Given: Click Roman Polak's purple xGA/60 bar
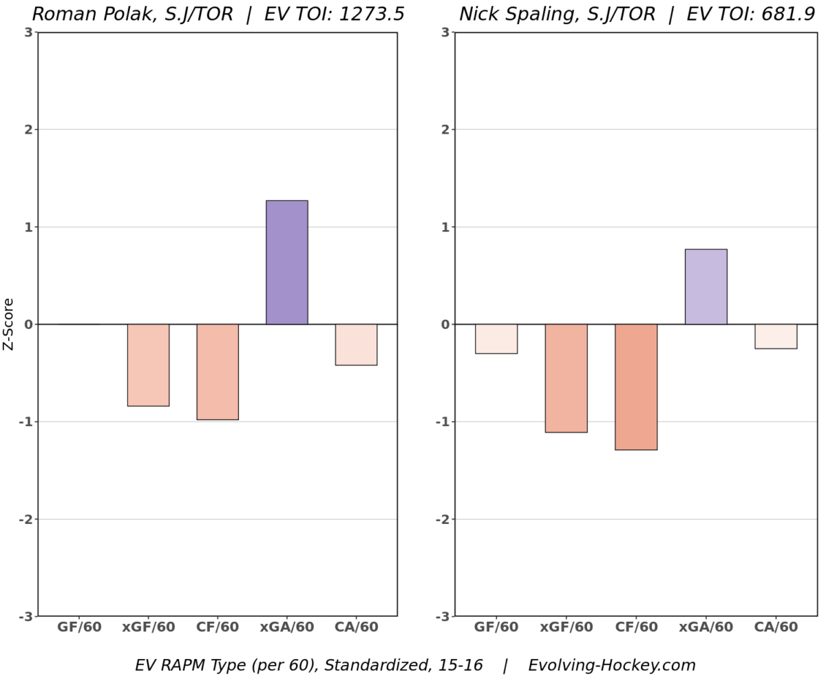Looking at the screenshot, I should [287, 262].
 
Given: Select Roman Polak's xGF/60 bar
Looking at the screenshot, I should [148, 365].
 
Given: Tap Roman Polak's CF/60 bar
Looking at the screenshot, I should [218, 372].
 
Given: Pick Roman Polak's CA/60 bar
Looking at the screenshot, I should [356, 344].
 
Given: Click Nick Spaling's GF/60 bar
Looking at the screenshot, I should [496, 339].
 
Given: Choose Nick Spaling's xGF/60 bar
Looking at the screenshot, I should [566, 378].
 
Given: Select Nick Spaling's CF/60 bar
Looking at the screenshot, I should [636, 387].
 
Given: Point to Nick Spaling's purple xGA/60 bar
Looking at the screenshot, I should [706, 286].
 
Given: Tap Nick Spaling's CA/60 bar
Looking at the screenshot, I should [776, 336].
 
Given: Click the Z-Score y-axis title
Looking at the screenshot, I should [9, 324].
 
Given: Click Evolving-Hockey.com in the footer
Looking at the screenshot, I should [612, 666].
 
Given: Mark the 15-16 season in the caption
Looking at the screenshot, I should [461, 666].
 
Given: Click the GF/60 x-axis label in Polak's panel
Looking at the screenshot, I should [79, 627].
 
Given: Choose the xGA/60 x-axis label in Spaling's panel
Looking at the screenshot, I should [706, 627].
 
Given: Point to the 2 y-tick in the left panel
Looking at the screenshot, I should [28, 129].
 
